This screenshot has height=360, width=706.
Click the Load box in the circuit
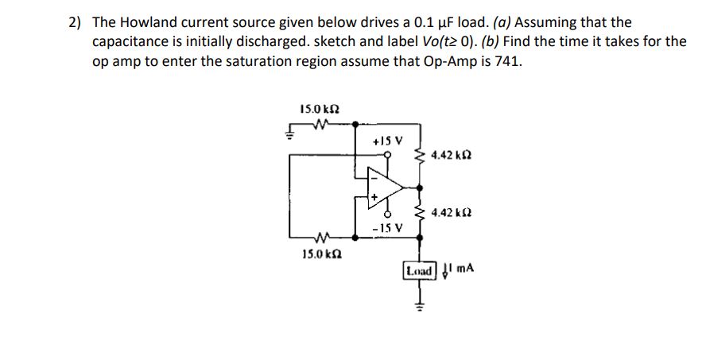(421, 270)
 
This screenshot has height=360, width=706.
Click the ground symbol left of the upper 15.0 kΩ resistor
(291, 133)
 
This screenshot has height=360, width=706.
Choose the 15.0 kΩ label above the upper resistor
(316, 108)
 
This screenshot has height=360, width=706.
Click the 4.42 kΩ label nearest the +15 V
(451, 157)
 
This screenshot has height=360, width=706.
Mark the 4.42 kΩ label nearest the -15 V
(451, 213)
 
